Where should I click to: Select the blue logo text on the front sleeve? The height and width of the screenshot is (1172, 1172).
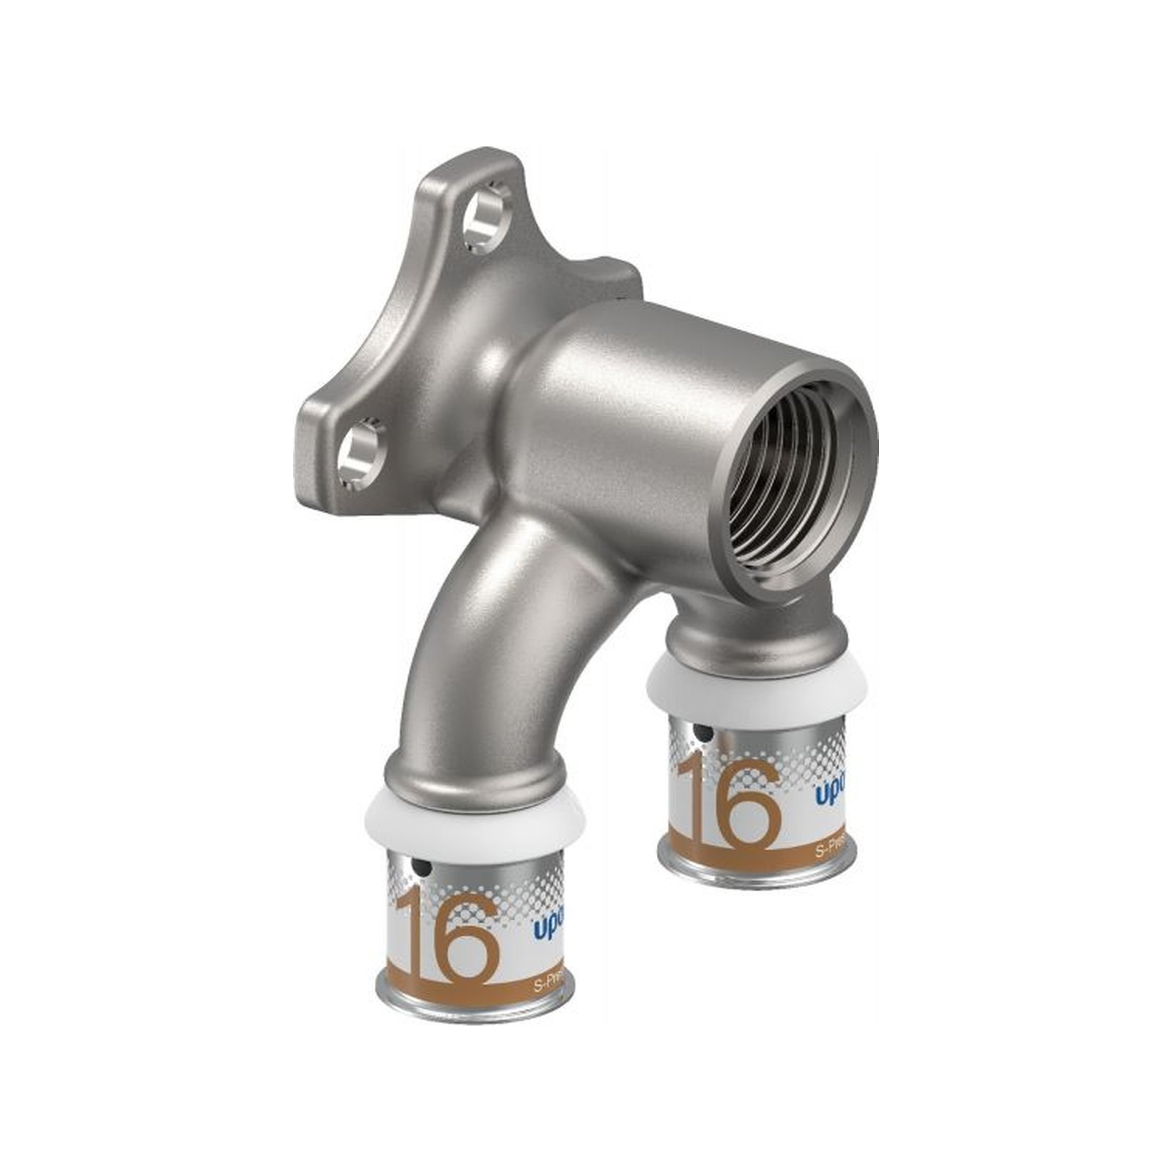[x=546, y=930]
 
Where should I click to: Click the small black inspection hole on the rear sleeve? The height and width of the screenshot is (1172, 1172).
[x=702, y=732]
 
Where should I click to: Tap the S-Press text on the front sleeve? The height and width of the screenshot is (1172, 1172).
[x=549, y=986]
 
